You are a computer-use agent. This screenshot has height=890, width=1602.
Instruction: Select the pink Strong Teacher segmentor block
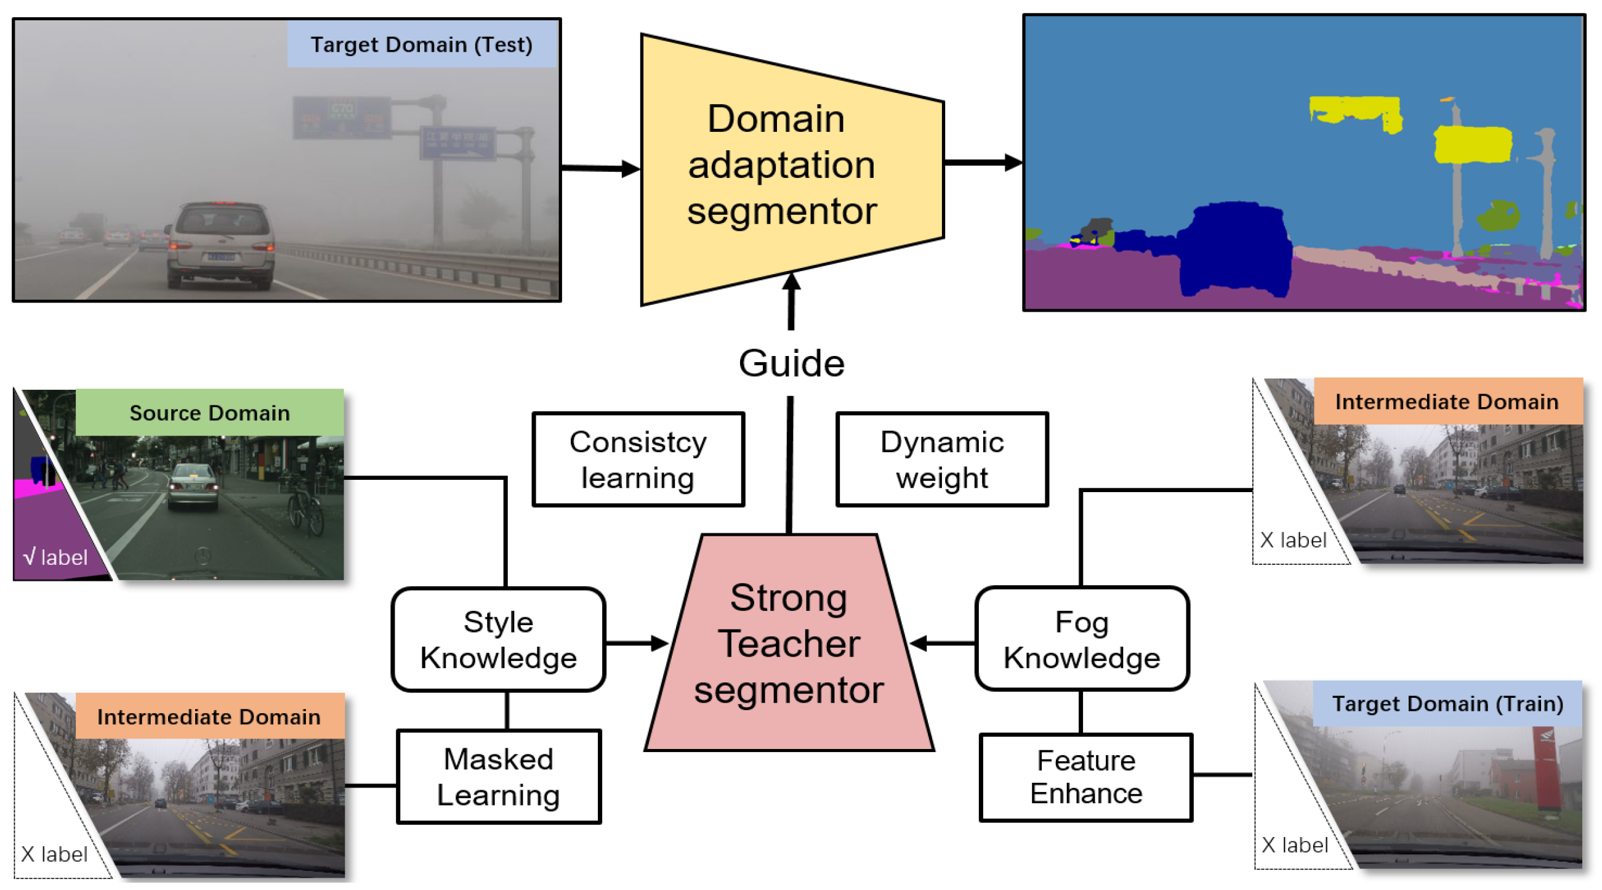click(789, 644)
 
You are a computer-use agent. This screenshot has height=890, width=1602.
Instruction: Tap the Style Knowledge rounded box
click(498, 639)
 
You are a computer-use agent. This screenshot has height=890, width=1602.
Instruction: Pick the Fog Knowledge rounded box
click(1082, 639)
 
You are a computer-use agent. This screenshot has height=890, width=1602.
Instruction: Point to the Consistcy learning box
click(638, 459)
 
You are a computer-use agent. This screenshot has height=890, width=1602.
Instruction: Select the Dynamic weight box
click(941, 459)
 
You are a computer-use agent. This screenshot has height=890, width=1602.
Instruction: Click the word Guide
click(791, 363)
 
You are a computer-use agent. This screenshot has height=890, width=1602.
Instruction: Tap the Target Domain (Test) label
click(421, 45)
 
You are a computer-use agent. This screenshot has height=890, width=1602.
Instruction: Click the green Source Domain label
click(209, 412)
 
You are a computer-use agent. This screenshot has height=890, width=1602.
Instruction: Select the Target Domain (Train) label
click(1447, 703)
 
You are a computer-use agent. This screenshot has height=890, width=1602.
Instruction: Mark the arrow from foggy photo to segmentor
click(600, 168)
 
